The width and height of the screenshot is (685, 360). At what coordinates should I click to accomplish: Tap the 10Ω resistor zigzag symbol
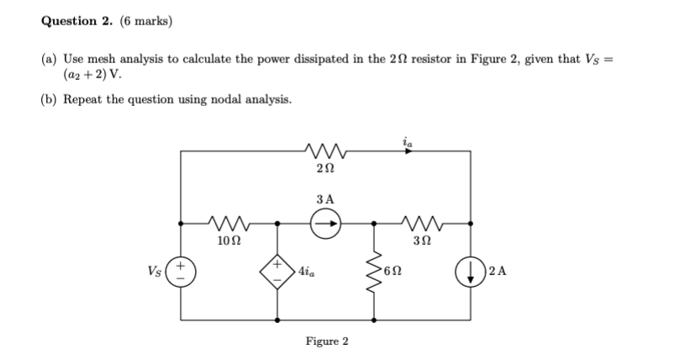pos(227,225)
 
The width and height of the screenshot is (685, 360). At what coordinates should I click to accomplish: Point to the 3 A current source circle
pos(326,225)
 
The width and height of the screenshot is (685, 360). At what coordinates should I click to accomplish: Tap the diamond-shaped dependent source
pos(277,272)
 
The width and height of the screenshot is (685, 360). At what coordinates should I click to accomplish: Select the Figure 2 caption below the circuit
pos(327,341)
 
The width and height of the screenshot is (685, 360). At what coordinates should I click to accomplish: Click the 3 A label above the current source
pos(326,199)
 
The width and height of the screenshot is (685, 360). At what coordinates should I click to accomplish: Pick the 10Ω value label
pos(227,241)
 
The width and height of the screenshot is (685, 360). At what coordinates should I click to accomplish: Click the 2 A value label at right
pos(497,272)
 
